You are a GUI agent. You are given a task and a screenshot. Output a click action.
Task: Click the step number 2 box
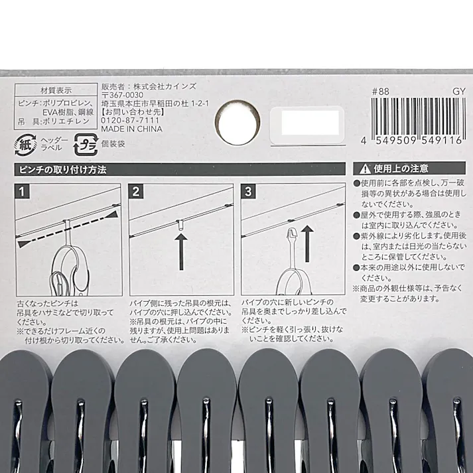(x=137, y=192)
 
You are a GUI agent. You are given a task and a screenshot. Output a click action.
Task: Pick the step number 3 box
(x=249, y=192)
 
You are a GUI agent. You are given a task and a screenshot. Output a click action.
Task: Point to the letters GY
(x=458, y=92)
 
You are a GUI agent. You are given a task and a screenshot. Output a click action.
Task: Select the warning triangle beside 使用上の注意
(x=364, y=169)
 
